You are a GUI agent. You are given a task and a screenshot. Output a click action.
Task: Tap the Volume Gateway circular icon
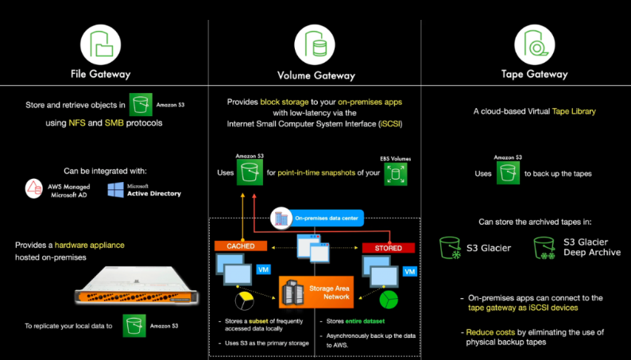315,43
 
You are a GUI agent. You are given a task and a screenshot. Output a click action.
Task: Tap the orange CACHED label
240,246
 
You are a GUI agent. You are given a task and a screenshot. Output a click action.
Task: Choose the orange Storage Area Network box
315,292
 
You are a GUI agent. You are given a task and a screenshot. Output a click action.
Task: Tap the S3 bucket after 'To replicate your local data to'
134,327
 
